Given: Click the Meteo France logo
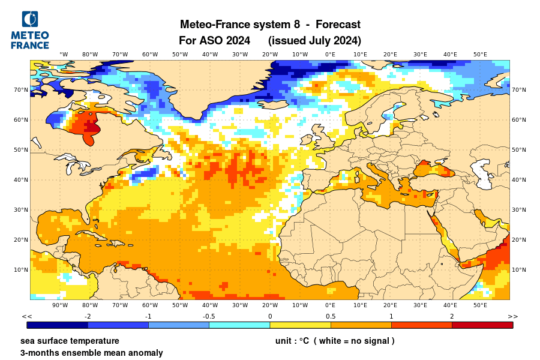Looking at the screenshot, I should (30, 30).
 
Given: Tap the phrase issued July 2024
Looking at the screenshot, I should (314, 41).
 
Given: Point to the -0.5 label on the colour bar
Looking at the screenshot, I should (209, 316).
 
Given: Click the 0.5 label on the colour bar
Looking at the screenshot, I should (331, 316).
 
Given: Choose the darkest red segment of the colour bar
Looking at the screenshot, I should (482, 325).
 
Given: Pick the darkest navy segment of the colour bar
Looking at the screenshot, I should (58, 325).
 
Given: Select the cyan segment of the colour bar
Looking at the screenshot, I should (239, 325).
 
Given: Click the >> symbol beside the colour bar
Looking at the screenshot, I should (512, 316).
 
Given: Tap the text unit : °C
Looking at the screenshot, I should (292, 341).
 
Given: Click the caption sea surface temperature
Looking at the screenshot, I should (70, 341).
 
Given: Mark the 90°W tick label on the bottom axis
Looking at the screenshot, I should (60, 305).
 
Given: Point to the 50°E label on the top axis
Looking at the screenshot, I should (480, 55).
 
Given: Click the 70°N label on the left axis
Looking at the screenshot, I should (21, 90).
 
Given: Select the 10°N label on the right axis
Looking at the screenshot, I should (519, 270).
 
